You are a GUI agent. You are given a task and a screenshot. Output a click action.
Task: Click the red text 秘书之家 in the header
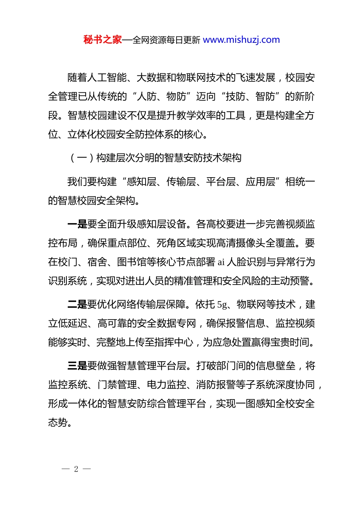tap(103, 40)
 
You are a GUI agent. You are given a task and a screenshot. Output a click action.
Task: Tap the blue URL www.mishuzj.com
tap(241, 40)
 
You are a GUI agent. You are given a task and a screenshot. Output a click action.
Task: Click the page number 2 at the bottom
tap(76, 469)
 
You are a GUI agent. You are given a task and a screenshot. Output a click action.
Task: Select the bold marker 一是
tap(77, 224)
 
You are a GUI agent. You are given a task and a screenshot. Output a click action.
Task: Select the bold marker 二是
tap(77, 304)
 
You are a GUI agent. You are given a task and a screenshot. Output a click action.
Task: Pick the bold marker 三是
tap(77, 366)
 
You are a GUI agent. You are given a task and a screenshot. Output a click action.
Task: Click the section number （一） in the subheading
tap(81, 158)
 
